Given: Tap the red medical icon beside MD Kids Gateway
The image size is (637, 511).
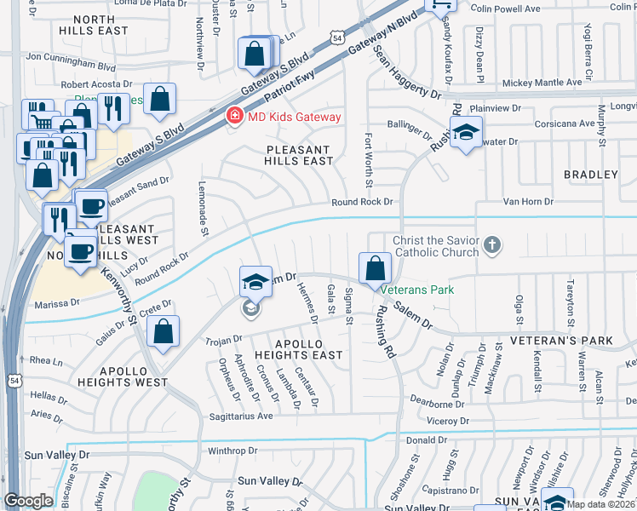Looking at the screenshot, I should click(x=232, y=117).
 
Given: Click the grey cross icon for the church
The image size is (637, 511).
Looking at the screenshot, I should click(x=491, y=246).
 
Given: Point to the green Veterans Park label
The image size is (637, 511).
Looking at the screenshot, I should click(x=417, y=290).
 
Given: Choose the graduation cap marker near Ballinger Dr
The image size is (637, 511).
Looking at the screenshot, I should click(x=466, y=133).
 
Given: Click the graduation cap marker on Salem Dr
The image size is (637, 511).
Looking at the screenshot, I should click(x=255, y=282).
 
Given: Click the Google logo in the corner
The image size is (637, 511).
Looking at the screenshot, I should click(x=28, y=500).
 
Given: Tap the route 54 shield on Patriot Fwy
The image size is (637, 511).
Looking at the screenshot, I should click(x=338, y=38).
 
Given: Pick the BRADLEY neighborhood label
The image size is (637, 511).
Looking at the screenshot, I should click(x=590, y=175).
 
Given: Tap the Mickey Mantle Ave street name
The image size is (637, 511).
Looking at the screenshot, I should click(x=542, y=83).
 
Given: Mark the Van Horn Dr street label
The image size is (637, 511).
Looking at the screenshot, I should click(x=528, y=202).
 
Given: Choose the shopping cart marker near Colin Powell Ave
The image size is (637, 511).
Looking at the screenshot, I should click(x=441, y=5).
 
